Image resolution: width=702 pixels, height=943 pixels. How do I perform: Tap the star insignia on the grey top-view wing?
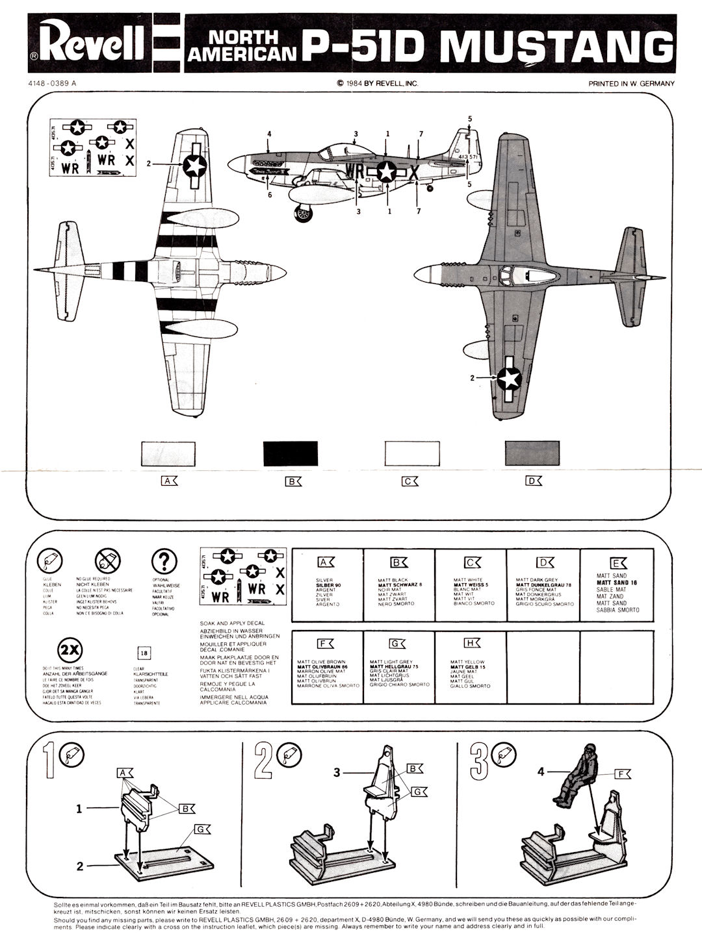[509, 377]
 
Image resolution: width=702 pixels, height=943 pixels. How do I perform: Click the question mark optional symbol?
[165, 561]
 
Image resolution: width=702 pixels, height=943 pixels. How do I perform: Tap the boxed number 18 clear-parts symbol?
[145, 653]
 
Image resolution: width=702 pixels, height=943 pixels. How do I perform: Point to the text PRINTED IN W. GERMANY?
[631, 83]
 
